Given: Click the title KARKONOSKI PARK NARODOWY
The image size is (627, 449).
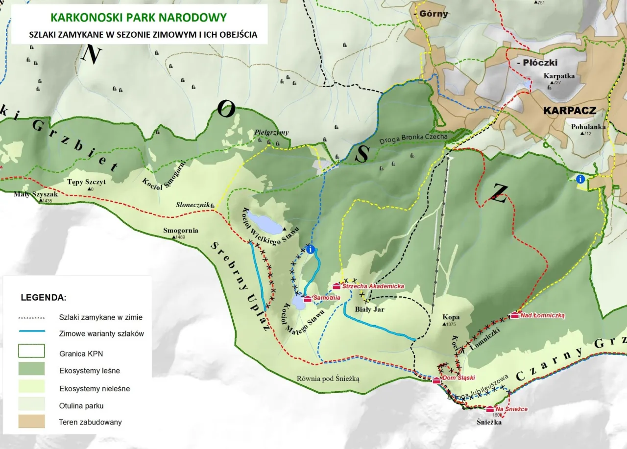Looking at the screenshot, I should pyautogui.click(x=139, y=18).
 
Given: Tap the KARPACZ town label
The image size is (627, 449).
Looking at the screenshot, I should pyautogui.click(x=570, y=111).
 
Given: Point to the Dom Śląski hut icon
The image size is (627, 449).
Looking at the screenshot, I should pyautogui.click(x=436, y=380).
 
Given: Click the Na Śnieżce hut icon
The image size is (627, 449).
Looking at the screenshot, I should pyautogui.click(x=490, y=409).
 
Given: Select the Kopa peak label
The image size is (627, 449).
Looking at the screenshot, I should pyautogui.click(x=451, y=317).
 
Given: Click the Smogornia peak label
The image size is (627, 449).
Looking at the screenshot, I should pyautogui.click(x=180, y=230).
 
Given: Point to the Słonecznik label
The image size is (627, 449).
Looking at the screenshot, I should pyautogui.click(x=193, y=205).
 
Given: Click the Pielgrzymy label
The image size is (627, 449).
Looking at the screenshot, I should pyautogui.click(x=272, y=133).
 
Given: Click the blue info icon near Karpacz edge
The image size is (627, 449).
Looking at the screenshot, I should pyautogui.click(x=581, y=179).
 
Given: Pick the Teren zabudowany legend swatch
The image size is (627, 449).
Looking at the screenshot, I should pyautogui.click(x=31, y=421).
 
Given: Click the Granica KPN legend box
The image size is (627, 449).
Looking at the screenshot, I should pyautogui.click(x=31, y=351).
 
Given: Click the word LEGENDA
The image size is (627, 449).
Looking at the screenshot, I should pyautogui.click(x=43, y=297).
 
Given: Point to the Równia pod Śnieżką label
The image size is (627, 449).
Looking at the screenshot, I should pyautogui.click(x=328, y=378).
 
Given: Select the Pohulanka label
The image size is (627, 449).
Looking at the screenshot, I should pyautogui.click(x=588, y=127).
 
